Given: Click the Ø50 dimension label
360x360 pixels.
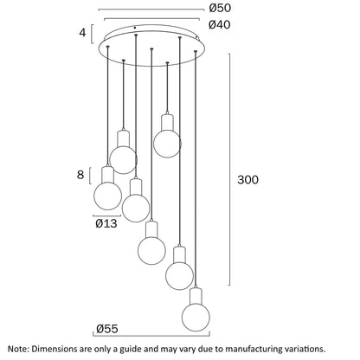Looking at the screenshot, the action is (220, 8).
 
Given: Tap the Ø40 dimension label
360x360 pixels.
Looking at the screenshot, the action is (220, 25).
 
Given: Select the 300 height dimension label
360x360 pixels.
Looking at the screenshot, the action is (247, 180).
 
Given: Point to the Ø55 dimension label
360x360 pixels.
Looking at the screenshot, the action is (107, 329).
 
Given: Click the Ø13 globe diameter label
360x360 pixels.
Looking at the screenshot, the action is (106, 223).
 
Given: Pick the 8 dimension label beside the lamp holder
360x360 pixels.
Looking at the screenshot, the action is (80, 175).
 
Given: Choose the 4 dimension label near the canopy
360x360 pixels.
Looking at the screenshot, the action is (82, 33).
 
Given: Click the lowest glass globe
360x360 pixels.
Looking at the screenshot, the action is (196, 317).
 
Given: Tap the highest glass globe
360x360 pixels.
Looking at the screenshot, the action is (167, 144).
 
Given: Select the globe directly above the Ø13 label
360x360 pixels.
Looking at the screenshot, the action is (108, 196).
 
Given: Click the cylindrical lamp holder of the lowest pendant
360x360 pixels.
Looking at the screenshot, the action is (196, 296).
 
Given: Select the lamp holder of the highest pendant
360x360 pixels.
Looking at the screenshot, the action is (167, 122).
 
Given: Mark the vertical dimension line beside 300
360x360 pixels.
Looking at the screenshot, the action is (229, 170).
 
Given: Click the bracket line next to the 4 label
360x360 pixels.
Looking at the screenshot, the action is (92, 34).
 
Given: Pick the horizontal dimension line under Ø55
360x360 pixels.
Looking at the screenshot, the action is (151, 336).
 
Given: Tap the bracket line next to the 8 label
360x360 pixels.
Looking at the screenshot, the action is (90, 176).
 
